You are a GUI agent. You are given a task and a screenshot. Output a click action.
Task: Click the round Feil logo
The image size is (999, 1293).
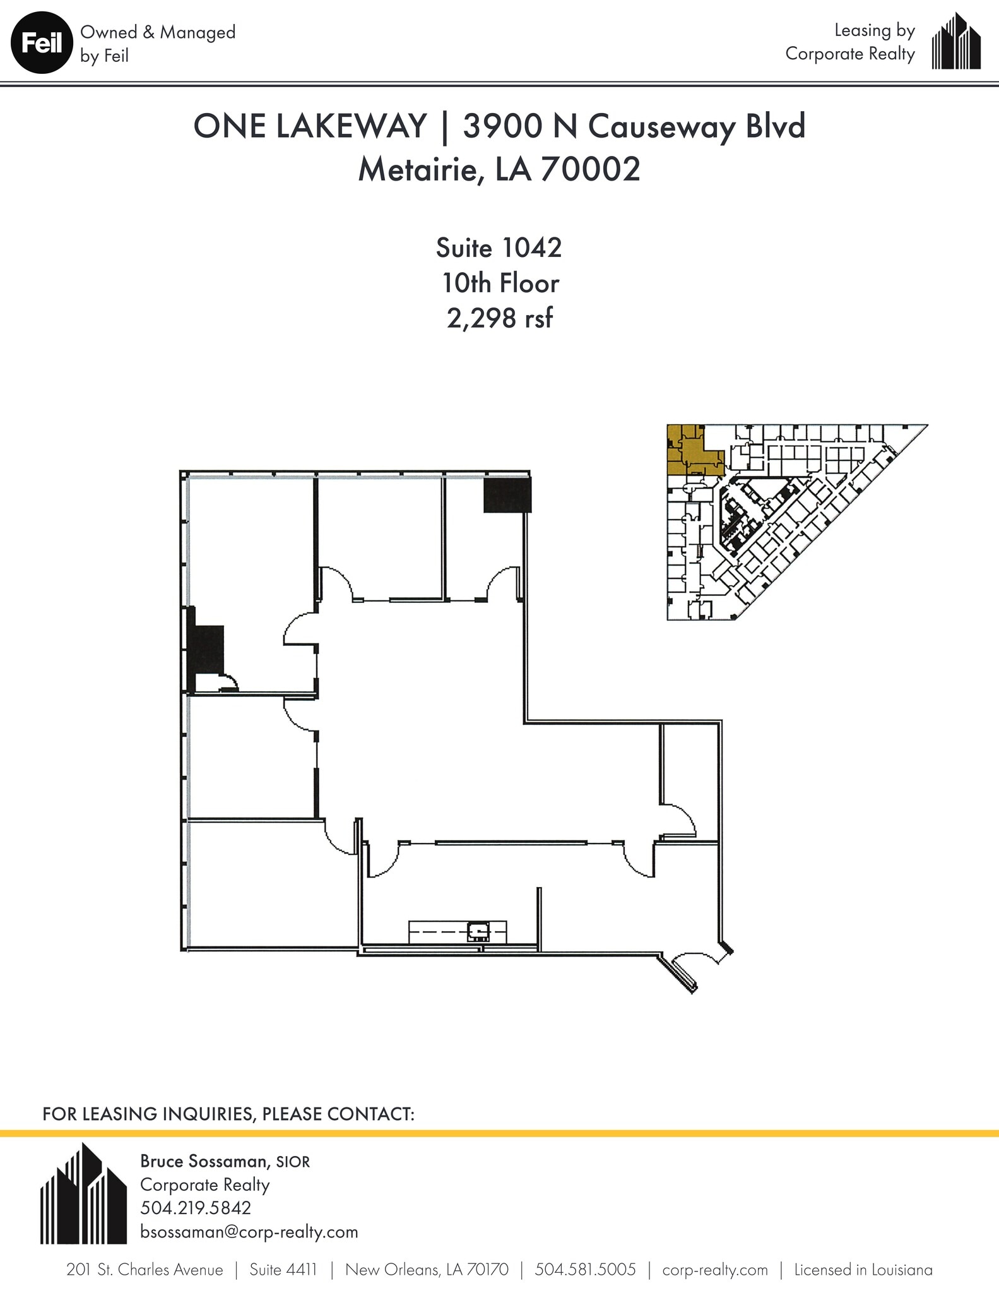[41, 43]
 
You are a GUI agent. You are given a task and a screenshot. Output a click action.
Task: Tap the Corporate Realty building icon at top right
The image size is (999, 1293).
[955, 42]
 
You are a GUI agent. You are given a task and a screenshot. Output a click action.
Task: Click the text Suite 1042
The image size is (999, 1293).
[499, 247]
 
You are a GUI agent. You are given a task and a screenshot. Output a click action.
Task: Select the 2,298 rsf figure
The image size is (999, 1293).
[499, 318]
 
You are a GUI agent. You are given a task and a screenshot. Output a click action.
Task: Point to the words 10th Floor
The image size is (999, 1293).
[500, 283]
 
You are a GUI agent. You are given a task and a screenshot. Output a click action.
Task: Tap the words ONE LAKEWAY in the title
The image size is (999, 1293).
[310, 126]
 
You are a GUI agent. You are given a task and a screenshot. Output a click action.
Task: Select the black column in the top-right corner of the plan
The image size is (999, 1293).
[507, 494]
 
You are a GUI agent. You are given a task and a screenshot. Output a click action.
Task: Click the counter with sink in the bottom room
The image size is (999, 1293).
[457, 932]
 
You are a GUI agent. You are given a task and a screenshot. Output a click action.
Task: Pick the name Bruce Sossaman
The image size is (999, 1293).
[204, 1161]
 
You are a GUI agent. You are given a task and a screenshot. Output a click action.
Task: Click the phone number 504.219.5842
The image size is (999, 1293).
[196, 1208]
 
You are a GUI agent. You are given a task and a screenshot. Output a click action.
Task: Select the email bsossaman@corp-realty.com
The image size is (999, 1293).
[249, 1232]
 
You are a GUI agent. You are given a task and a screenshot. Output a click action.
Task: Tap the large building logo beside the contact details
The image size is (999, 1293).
[83, 1194]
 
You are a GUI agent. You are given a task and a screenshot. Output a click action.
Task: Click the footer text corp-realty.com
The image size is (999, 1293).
[714, 1270]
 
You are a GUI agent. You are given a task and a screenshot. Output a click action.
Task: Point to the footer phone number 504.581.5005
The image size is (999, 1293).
[585, 1270]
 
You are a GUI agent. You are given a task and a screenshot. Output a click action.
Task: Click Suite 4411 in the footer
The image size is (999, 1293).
[283, 1270]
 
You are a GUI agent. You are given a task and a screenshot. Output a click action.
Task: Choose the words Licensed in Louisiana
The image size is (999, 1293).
[863, 1270]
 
